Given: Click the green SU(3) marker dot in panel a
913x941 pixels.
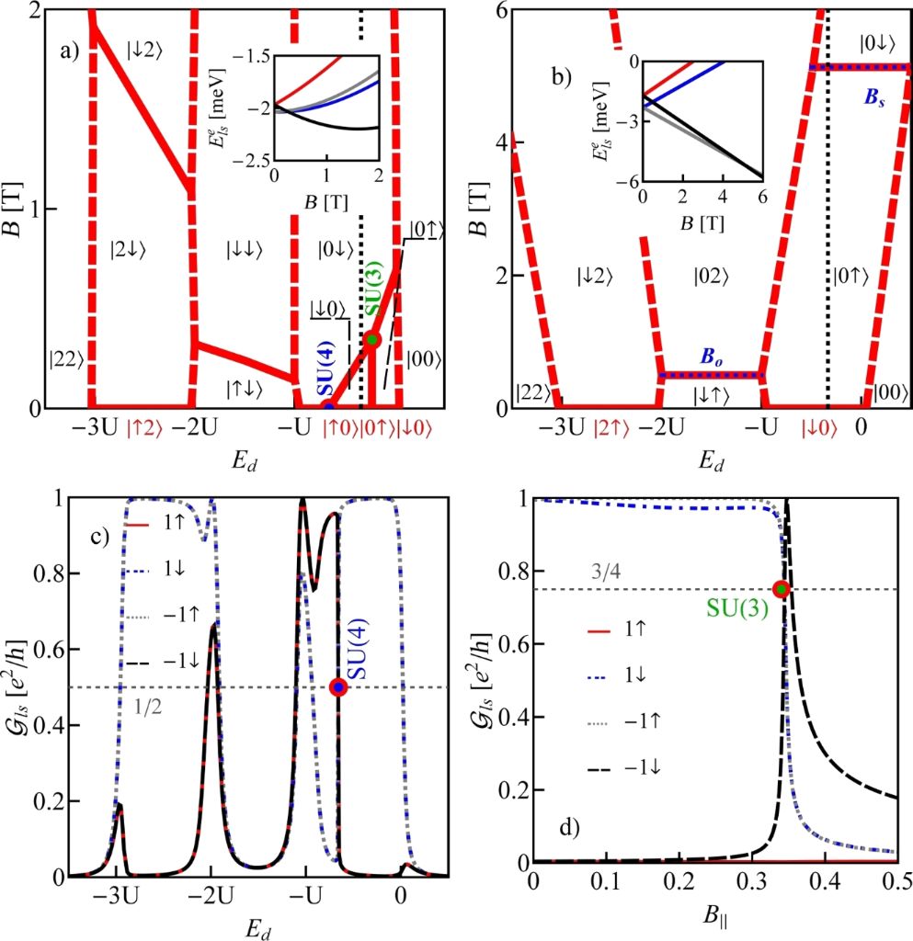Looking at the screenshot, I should coord(372,339).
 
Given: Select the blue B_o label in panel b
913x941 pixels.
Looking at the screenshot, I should coord(712,357).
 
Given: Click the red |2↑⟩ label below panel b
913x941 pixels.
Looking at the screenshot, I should coord(612,428).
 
